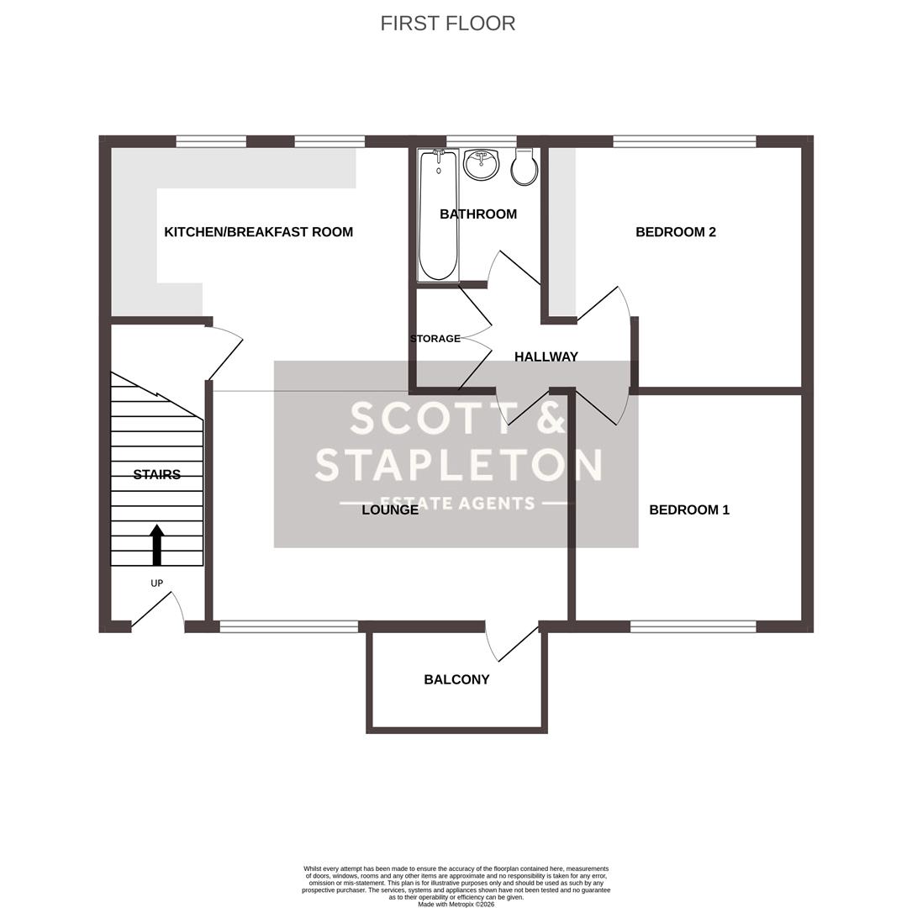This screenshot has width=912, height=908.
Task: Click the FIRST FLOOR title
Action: click(447, 24)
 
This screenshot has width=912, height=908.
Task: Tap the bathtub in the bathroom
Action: click(438, 215)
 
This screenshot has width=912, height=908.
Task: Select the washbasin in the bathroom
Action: click(481, 165)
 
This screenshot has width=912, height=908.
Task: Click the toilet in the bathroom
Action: click(525, 168)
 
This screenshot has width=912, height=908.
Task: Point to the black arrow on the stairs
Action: click(157, 545)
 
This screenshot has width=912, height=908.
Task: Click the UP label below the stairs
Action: click(157, 583)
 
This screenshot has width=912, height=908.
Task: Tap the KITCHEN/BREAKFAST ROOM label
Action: click(258, 232)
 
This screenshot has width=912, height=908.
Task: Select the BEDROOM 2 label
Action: click(675, 232)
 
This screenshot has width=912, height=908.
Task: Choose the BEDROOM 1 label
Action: click(688, 509)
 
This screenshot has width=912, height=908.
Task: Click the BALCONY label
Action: click(456, 679)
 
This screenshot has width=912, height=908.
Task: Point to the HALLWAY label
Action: click(546, 356)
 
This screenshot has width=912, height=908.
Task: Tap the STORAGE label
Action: click(435, 339)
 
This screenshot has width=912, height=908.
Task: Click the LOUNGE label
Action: click(390, 510)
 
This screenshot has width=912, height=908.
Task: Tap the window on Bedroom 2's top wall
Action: click(684, 141)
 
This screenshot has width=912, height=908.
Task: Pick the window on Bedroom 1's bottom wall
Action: click(693, 626)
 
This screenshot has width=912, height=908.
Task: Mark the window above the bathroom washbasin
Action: click(481, 141)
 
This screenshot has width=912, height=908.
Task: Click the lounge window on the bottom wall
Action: click(288, 626)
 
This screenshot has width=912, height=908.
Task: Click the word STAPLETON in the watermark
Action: click(459, 465)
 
